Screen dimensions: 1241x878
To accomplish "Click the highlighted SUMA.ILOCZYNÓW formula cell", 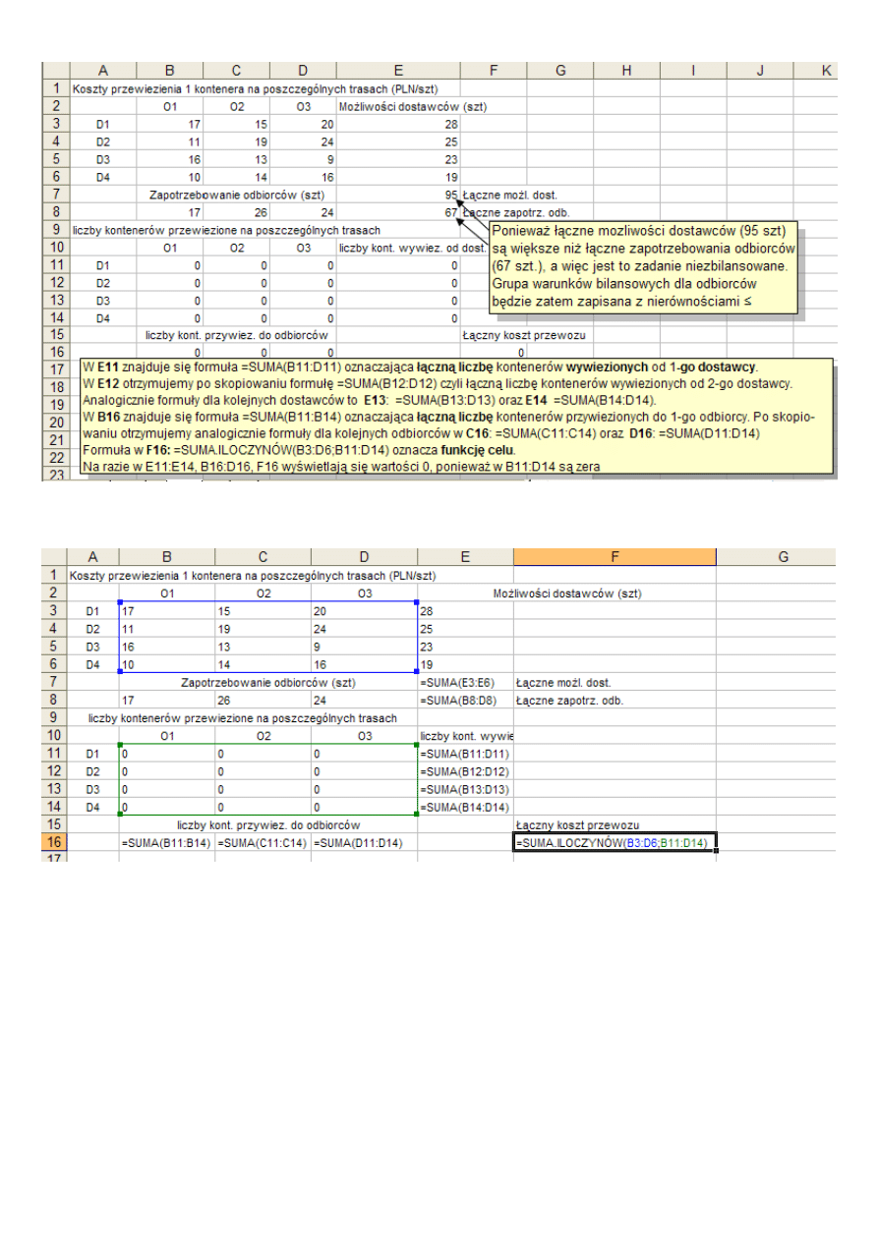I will pos(615,843).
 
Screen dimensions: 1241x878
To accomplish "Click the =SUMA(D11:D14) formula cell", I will pos(360,843).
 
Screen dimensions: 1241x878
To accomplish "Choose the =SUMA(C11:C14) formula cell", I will pos(263,843).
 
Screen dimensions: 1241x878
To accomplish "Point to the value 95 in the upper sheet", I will pos(450,195).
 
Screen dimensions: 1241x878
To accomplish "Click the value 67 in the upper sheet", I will pos(450,212).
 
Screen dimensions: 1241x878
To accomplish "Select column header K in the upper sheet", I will pos(826,70).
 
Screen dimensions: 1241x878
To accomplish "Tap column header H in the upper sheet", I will pos(626,70).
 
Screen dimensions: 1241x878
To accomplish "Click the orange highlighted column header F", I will pos(615,557).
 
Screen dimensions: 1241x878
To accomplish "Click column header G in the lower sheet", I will pos(784,557).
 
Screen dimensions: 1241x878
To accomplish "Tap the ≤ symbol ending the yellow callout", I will pos(746,301).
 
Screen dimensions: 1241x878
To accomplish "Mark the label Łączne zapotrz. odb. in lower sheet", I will pos(569,701).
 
